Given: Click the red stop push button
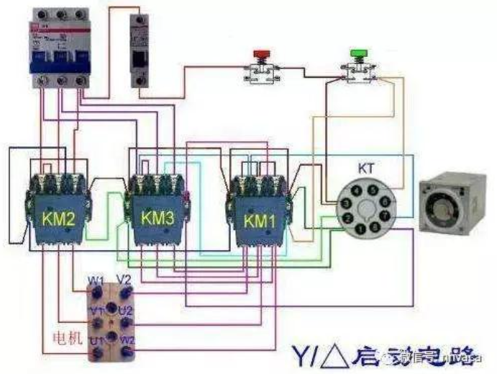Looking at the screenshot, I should (x=261, y=55).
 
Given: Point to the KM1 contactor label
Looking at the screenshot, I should (x=260, y=219).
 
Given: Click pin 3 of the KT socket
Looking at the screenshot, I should (x=347, y=218).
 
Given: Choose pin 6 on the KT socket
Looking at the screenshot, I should (x=386, y=202).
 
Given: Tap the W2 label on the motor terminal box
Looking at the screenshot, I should (x=127, y=339).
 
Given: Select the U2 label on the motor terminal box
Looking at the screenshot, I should (x=125, y=310).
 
